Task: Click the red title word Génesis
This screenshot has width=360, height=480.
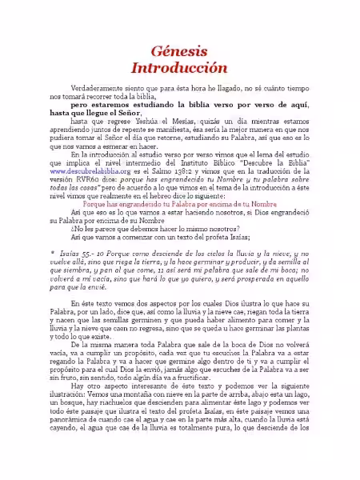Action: tap(179, 49)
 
